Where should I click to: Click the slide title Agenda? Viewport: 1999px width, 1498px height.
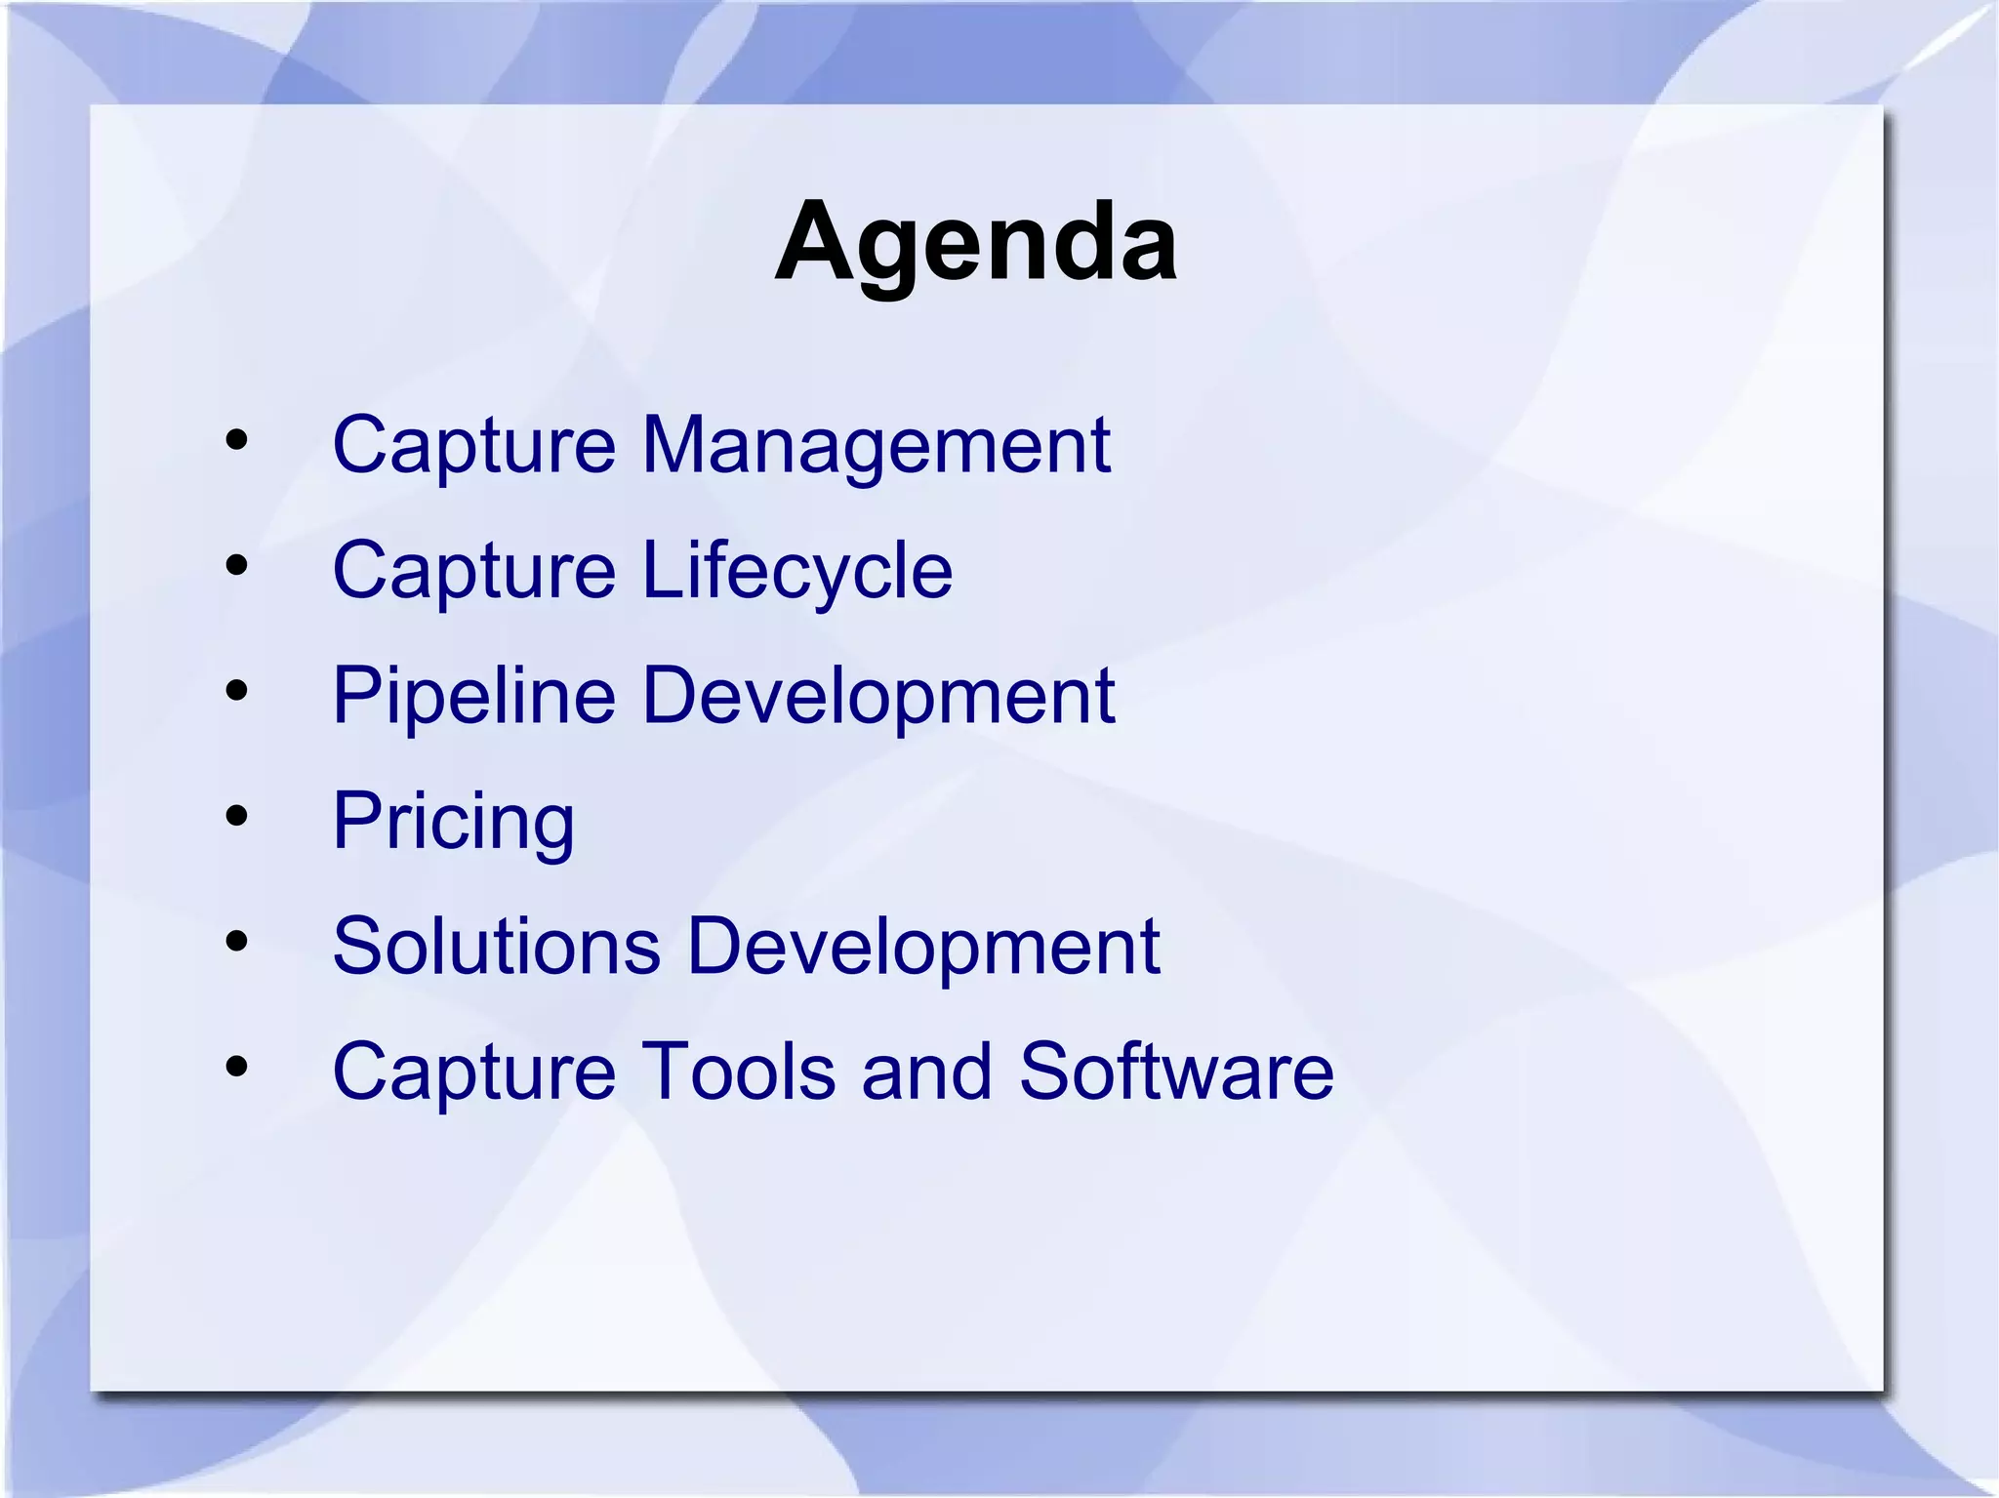pyautogui.click(x=975, y=242)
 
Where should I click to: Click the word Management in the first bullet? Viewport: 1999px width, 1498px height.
pyautogui.click(x=876, y=445)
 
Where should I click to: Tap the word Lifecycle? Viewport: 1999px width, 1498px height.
pyautogui.click(x=796, y=570)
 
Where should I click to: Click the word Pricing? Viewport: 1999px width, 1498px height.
pyautogui.click(x=454, y=822)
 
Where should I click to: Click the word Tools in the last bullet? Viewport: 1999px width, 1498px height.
pyautogui.click(x=738, y=1072)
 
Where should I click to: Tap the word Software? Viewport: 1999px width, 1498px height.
pyautogui.click(x=1175, y=1072)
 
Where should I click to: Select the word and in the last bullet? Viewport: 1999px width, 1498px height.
pyautogui.click(x=926, y=1072)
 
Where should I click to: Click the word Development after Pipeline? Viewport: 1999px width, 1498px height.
pyautogui.click(x=878, y=696)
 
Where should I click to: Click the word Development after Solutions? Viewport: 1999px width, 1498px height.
pyautogui.click(x=923, y=946)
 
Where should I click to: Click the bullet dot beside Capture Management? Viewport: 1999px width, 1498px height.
pyautogui.click(x=236, y=440)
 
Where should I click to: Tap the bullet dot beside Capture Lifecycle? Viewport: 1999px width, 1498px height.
pyautogui.click(x=236, y=565)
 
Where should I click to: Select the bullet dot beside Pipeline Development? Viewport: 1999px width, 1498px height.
pyautogui.click(x=236, y=691)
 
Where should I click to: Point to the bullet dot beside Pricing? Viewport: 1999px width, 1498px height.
pyautogui.click(x=236, y=816)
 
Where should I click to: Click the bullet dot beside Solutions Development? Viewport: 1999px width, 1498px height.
pyautogui.click(x=236, y=942)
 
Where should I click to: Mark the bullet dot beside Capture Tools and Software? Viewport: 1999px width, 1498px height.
pyautogui.click(x=236, y=1067)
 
